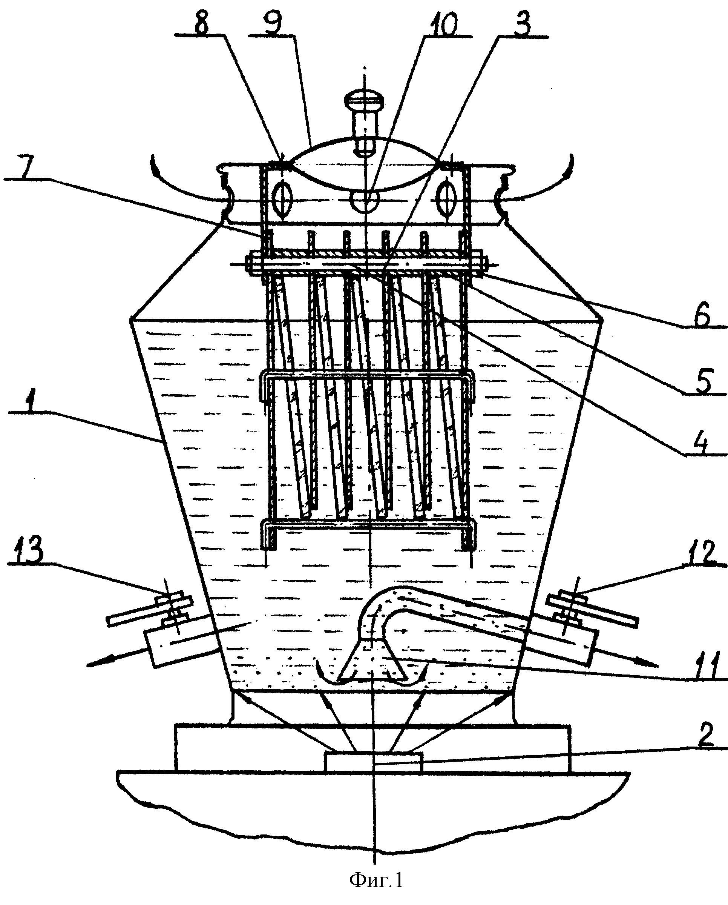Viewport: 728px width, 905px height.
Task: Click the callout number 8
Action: (x=201, y=22)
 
